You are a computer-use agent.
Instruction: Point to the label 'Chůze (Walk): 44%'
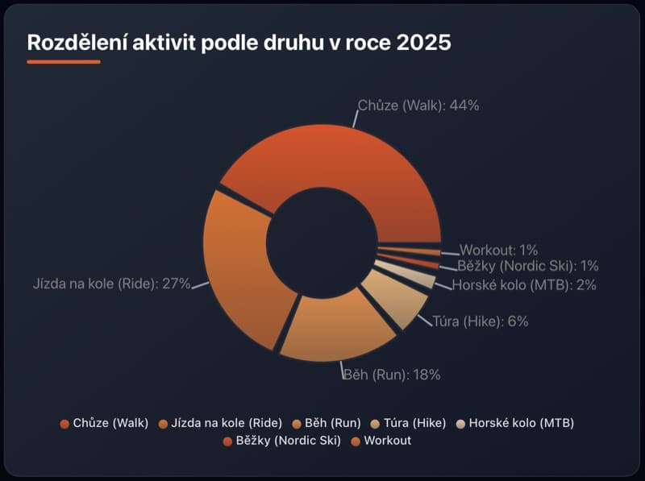point(418,106)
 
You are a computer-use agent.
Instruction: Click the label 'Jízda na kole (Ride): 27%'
point(111,284)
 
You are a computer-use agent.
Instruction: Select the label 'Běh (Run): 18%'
point(392,374)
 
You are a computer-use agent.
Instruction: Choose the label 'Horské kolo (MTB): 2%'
point(523,284)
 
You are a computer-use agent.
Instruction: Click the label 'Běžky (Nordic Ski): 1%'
point(527,266)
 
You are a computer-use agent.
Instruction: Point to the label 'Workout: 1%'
point(498,250)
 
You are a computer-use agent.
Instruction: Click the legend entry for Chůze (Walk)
point(105,422)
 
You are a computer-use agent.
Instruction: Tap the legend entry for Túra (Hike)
point(408,422)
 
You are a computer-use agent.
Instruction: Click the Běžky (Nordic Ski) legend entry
point(281,441)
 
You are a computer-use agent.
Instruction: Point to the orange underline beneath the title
point(64,61)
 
